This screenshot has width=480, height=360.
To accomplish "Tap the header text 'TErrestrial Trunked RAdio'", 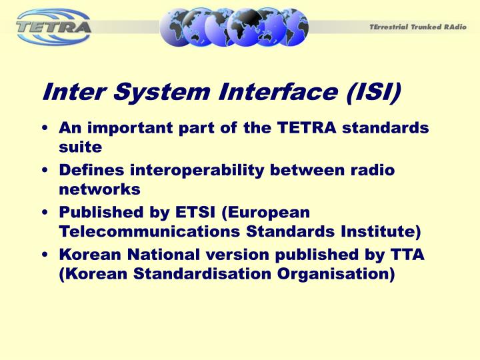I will pyautogui.click(x=418, y=27).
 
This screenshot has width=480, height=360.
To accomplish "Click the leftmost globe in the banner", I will pyautogui.click(x=181, y=26).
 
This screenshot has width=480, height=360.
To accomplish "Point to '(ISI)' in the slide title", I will pyautogui.click(x=373, y=93).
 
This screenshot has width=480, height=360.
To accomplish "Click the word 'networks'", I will pyautogui.click(x=99, y=189).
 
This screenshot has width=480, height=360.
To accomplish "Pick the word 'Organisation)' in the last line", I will pyautogui.click(x=331, y=273).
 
